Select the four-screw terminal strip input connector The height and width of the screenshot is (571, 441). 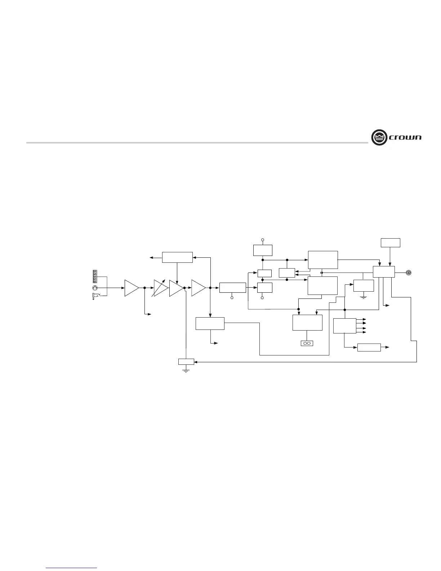(95, 276)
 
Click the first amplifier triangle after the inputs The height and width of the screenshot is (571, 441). (131, 288)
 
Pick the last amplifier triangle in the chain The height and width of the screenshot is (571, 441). (198, 288)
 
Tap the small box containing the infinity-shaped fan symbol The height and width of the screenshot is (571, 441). (307, 343)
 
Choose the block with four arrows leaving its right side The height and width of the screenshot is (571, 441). (344, 326)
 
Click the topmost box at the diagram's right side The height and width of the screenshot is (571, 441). (390, 243)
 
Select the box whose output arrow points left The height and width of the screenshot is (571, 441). (177, 257)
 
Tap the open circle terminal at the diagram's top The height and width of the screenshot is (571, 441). (262, 239)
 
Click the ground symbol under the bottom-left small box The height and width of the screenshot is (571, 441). (186, 369)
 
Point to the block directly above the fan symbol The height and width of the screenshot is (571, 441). (307, 323)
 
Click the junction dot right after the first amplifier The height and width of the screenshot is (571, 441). (144, 288)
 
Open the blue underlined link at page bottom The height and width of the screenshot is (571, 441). (72, 568)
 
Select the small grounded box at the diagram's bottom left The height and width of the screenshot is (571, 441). (186, 362)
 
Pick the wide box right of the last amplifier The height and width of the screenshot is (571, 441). (232, 288)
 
